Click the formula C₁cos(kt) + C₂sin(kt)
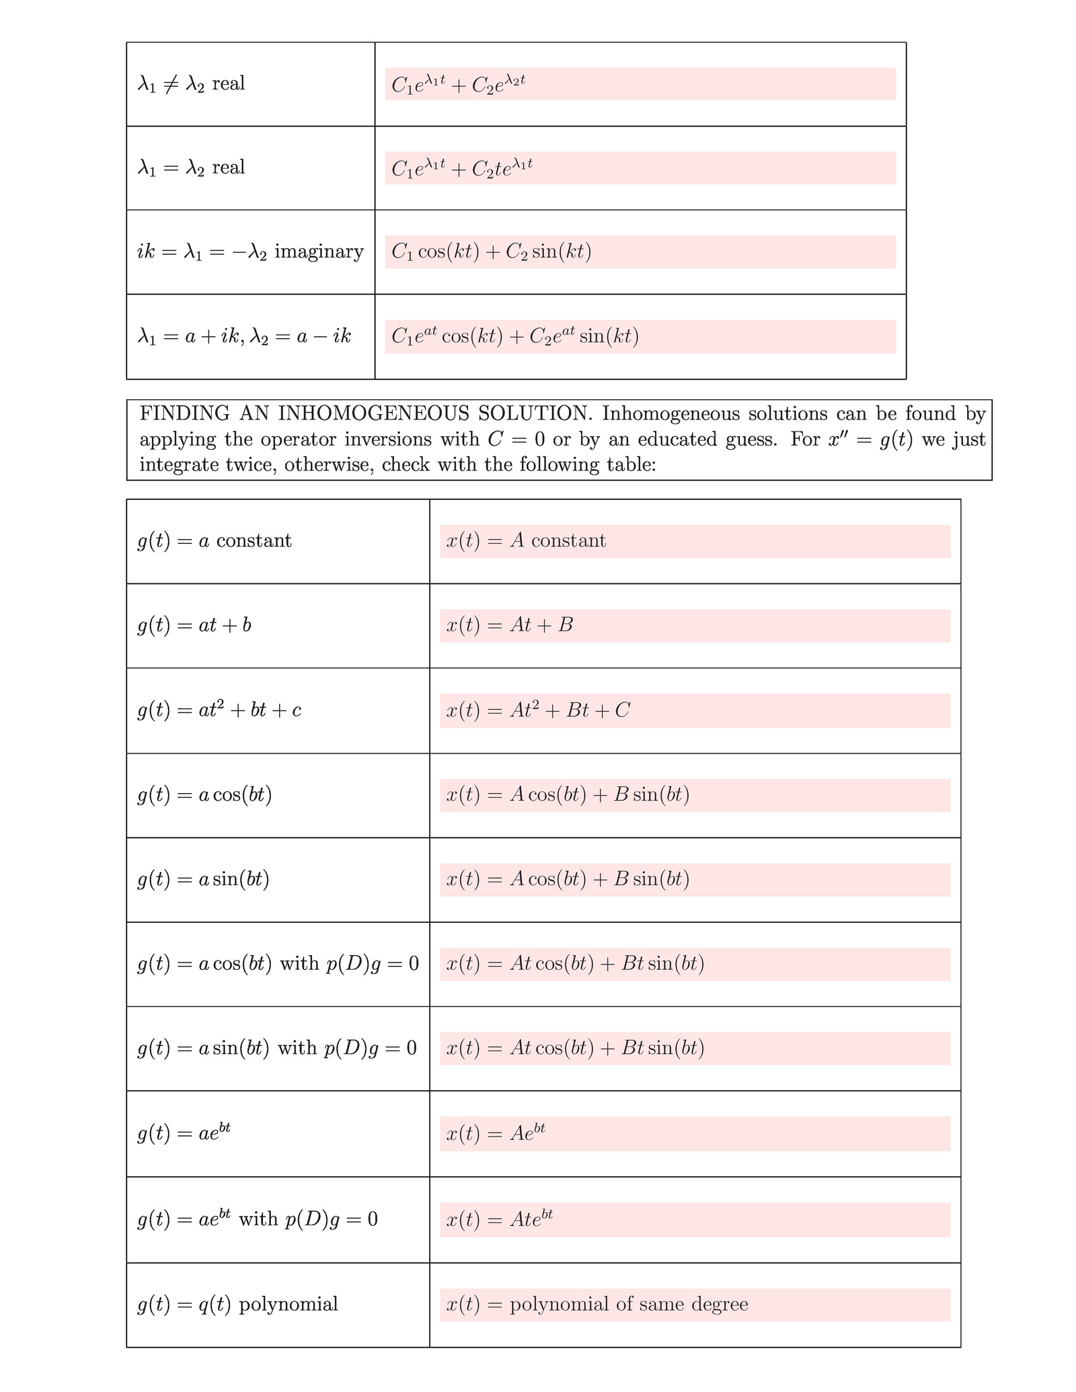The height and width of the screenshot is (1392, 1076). pos(491,252)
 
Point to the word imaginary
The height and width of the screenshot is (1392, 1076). pos(319,252)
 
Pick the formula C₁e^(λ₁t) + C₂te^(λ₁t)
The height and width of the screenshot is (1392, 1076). pos(462,167)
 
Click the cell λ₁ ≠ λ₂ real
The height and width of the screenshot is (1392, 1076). pos(191,84)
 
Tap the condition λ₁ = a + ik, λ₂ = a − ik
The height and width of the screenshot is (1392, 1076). pos(244,336)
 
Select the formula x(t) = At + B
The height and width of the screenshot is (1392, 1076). pos(509,626)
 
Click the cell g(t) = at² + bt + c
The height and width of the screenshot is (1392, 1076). pos(219,710)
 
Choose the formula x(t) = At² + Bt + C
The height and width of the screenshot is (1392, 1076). pos(537,710)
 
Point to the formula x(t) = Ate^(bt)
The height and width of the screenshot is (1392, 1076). pos(499,1219)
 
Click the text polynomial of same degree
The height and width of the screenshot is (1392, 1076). pos(629,1305)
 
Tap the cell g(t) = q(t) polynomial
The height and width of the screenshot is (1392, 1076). pos(237,1305)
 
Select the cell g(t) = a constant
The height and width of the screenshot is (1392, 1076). pos(215,541)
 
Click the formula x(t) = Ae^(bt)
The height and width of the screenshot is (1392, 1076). pos(495,1134)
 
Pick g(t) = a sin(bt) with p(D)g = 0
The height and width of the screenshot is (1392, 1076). pos(277,1049)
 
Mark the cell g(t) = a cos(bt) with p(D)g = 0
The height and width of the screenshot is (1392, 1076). pos(278,964)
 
